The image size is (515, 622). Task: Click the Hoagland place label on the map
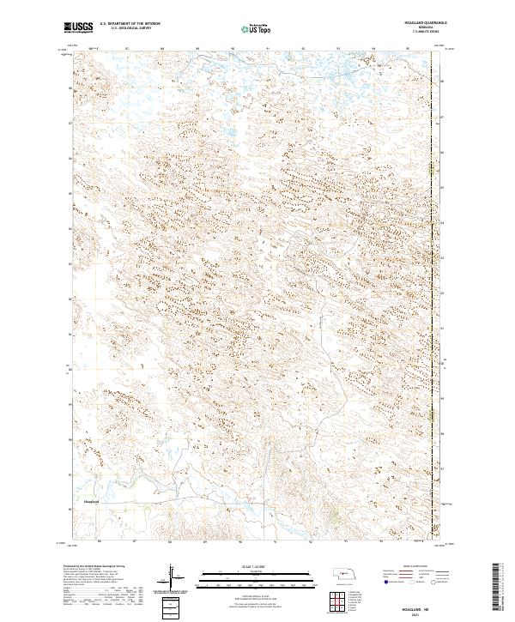coord(91,500)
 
